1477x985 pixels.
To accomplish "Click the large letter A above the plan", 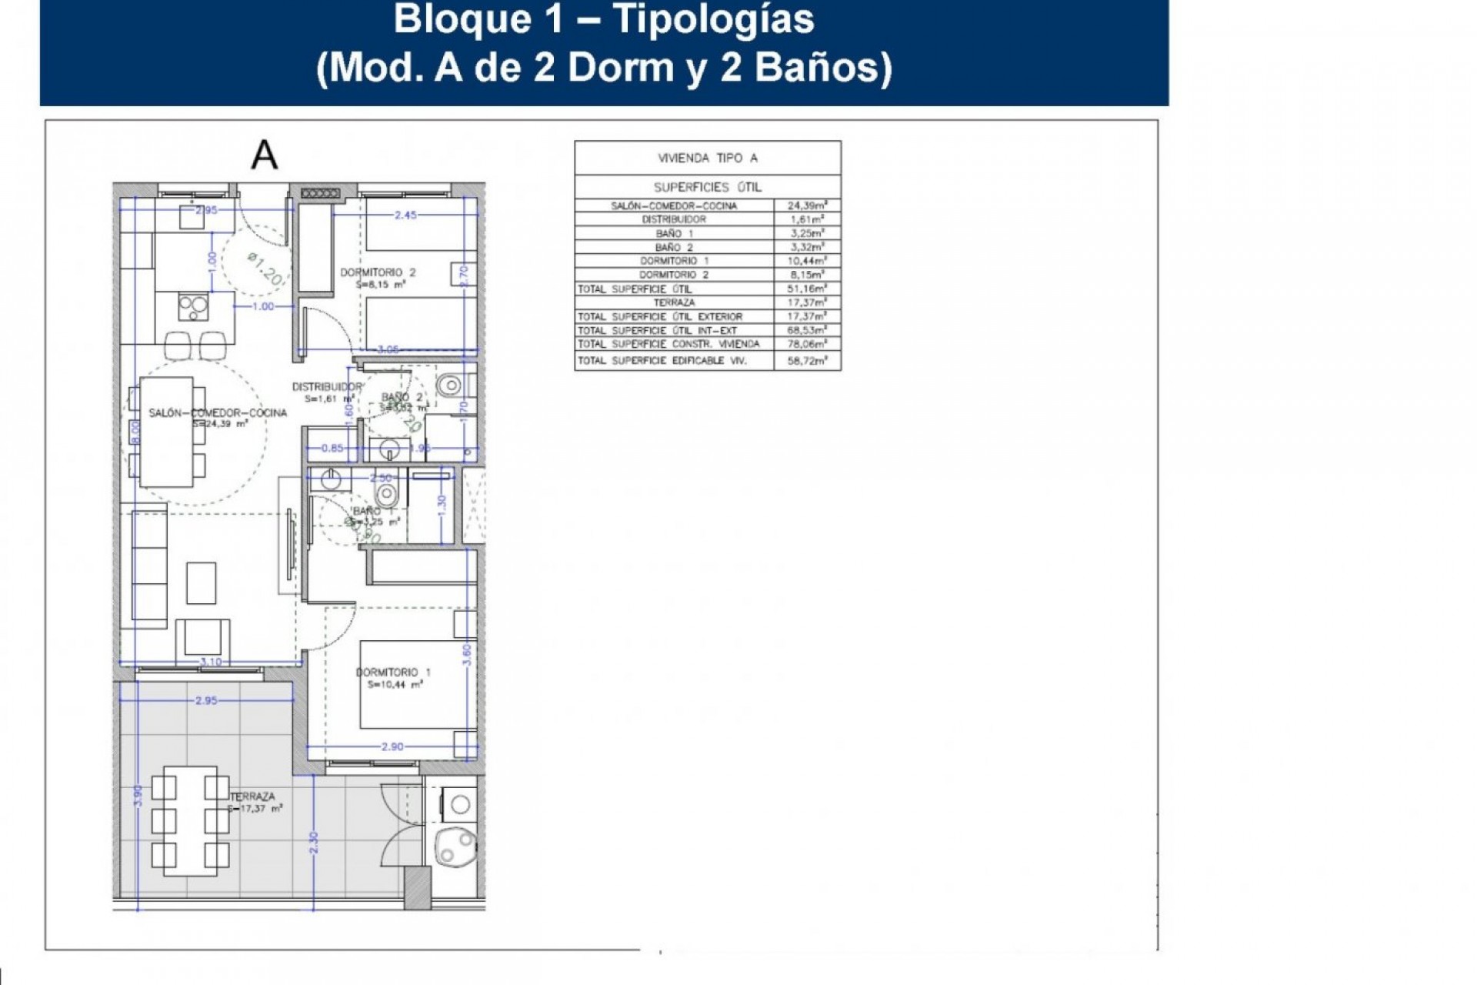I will point(264,155).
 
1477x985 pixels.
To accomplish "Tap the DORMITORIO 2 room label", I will point(378,272).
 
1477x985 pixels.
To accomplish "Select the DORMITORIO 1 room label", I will point(393,673).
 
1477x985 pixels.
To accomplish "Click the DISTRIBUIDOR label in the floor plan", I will point(326,387).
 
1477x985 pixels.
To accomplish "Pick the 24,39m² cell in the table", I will point(806,205).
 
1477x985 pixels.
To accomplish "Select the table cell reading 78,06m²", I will point(806,344).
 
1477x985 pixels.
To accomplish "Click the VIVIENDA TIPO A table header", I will point(707,158).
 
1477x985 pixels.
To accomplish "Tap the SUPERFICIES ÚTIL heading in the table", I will point(707,187).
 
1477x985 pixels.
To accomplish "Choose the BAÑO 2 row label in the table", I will point(674,247).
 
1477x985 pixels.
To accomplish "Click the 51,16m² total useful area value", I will point(806,289).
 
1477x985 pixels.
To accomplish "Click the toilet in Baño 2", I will point(452,382).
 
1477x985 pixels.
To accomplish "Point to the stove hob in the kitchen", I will point(193,307).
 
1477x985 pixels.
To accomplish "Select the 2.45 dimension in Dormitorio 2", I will point(405,215).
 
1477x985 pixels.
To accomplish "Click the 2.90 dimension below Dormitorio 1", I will point(392,746).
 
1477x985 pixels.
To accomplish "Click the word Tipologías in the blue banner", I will point(714,18).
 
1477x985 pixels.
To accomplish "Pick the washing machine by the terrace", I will point(460,805).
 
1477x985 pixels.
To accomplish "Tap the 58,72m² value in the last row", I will point(806,360).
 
